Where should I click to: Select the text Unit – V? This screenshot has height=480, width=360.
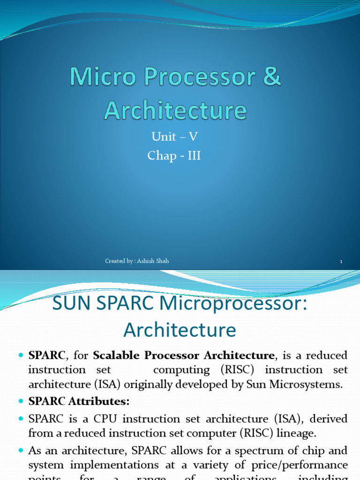click(174, 137)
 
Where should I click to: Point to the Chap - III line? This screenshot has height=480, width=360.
click(174, 156)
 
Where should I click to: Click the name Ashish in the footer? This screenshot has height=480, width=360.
click(148, 261)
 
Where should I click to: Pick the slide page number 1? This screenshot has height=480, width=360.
click(341, 262)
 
